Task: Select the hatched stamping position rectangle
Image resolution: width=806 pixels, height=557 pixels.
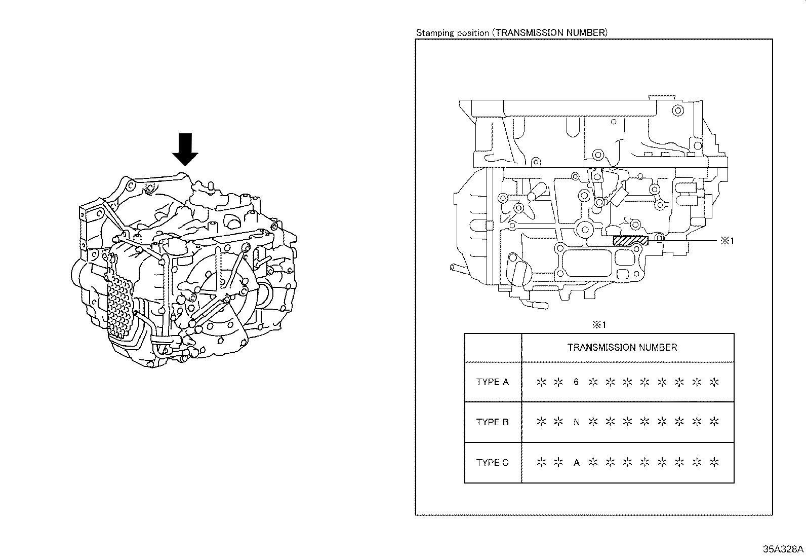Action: [x=630, y=241]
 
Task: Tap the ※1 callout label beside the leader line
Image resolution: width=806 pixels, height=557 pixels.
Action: [x=727, y=241]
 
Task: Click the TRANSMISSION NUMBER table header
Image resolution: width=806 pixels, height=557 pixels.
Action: [x=622, y=348]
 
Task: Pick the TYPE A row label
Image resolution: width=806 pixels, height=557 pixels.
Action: [x=492, y=382]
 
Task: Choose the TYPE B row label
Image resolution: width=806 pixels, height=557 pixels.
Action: [x=492, y=422]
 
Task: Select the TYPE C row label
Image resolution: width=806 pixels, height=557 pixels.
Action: [x=492, y=462]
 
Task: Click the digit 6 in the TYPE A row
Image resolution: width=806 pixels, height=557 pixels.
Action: [x=576, y=382]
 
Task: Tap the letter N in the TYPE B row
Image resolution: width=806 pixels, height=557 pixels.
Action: [x=576, y=422]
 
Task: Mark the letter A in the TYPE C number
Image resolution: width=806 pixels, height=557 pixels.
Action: [x=576, y=462]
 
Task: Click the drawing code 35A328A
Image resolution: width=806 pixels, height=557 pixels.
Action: [x=783, y=549]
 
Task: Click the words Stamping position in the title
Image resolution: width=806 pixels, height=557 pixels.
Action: [x=452, y=33]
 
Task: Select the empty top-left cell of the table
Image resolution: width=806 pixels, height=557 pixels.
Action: [x=493, y=348]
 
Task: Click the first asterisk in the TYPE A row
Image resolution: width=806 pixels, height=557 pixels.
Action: [x=541, y=382]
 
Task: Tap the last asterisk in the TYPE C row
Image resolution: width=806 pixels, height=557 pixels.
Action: [x=714, y=462]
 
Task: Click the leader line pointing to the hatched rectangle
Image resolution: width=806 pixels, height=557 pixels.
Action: [x=683, y=241]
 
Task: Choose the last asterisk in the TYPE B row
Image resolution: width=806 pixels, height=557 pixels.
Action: [x=714, y=422]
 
